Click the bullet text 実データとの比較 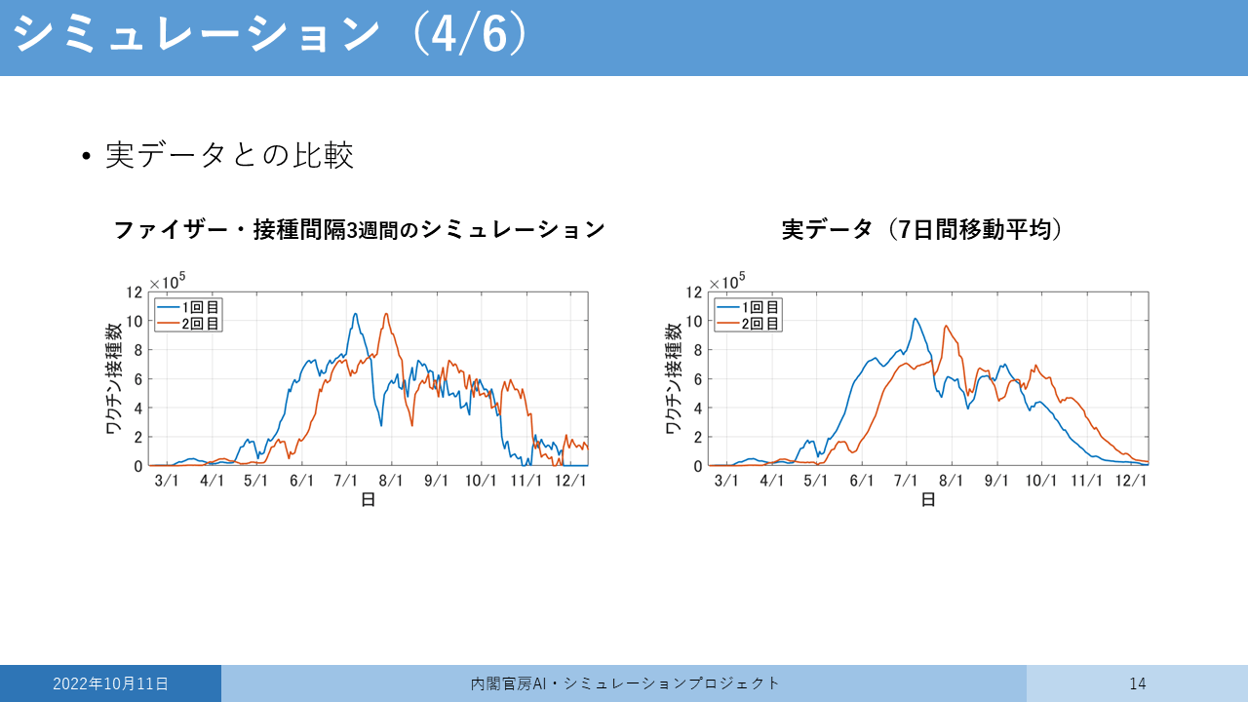coord(229,155)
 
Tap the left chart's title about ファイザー coord(360,229)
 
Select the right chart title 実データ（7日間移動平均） coord(921,229)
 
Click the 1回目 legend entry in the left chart coord(188,307)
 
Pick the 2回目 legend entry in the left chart coord(188,323)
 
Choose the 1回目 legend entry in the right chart coord(748,307)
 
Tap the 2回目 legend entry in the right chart coord(748,323)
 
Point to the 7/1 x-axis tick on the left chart coord(346,481)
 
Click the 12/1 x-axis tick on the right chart coord(1131,481)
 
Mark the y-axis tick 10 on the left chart coord(135,322)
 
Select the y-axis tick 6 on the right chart coord(697,379)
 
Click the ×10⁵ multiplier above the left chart coord(167,281)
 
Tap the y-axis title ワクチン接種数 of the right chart coord(674,379)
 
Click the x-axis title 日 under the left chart coord(369,500)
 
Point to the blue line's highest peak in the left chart coord(355,314)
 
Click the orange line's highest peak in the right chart coord(946,326)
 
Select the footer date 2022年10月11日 coord(110,683)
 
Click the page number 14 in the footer coord(1138,683)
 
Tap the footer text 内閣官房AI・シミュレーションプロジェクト coord(625,683)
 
